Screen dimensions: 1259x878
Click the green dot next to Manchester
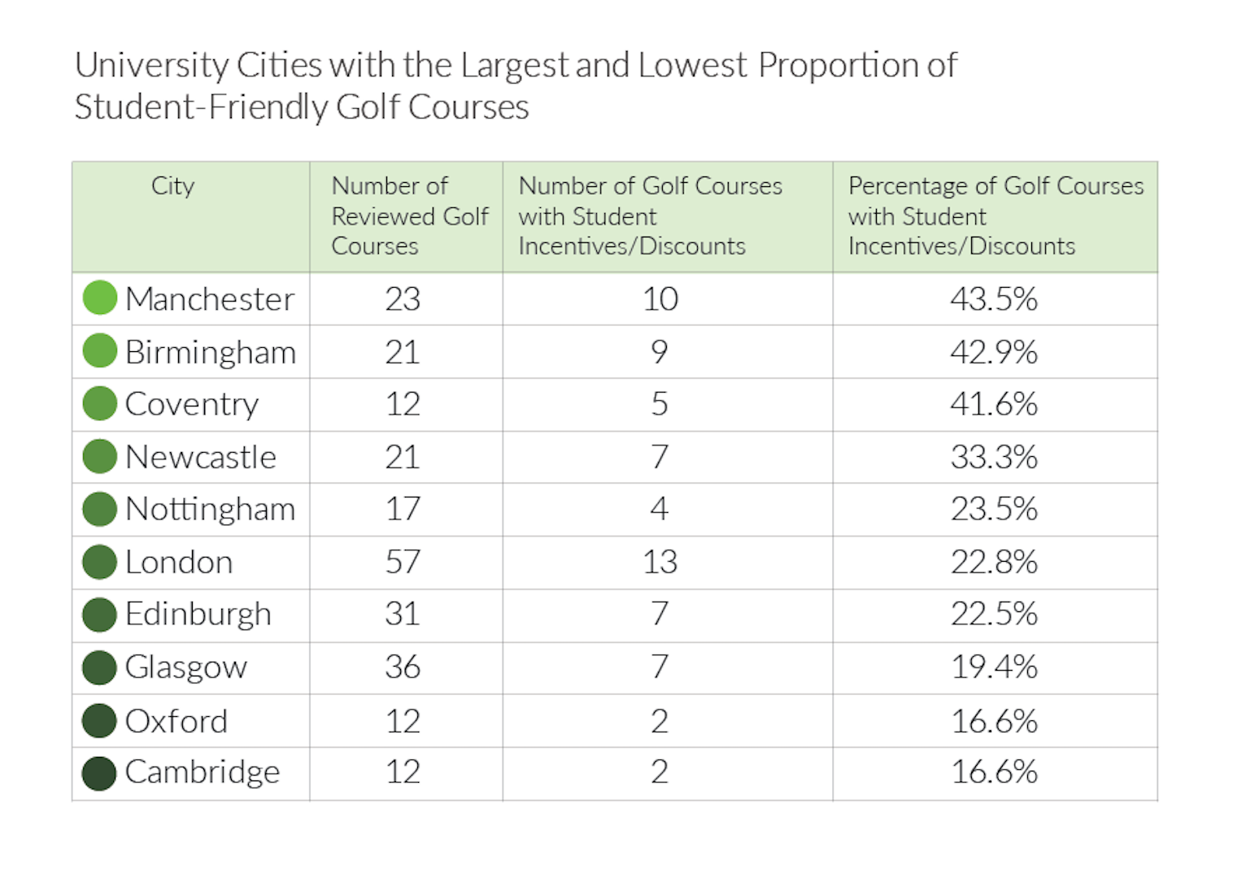(x=99, y=298)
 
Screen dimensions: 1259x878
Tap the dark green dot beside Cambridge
(x=99, y=773)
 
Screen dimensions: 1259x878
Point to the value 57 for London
(x=403, y=561)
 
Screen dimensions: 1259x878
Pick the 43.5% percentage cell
(x=994, y=298)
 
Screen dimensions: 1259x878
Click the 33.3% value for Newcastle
(x=994, y=457)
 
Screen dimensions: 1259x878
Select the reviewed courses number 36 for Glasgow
(x=403, y=667)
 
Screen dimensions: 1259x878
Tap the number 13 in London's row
(x=660, y=561)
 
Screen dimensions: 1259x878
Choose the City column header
(x=172, y=186)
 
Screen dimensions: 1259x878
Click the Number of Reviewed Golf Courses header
(x=410, y=215)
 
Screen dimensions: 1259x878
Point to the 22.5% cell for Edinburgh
(x=994, y=613)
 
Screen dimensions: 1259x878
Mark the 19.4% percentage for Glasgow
(x=994, y=667)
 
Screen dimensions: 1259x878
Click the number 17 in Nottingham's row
(x=403, y=508)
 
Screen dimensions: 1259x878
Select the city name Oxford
(x=176, y=721)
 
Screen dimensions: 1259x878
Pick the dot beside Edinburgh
(x=99, y=615)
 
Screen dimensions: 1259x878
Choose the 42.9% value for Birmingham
(x=994, y=352)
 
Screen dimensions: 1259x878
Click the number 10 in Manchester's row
(x=660, y=298)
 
